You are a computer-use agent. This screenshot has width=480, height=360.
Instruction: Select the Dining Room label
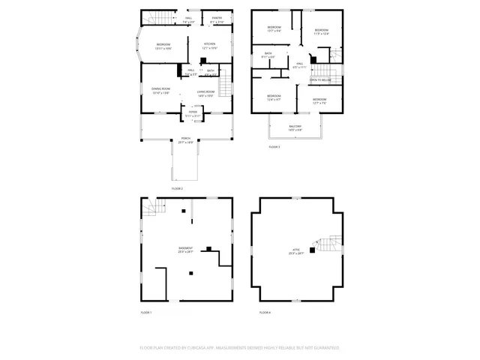click(161, 91)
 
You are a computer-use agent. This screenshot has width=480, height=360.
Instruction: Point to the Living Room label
click(206, 93)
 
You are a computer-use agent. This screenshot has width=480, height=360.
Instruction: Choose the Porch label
click(185, 139)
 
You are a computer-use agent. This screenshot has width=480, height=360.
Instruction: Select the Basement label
click(185, 250)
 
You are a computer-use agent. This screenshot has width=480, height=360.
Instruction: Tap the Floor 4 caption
click(264, 312)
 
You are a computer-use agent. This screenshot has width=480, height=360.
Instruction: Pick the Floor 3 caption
click(274, 147)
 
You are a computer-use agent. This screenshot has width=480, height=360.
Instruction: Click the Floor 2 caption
click(178, 189)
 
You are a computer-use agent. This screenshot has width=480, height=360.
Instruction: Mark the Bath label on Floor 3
click(268, 54)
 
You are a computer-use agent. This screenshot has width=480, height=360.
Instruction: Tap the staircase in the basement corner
click(152, 208)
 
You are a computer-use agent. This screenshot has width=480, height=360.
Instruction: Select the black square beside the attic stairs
click(312, 250)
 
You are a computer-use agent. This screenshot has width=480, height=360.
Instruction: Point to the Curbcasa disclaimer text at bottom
click(239, 348)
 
